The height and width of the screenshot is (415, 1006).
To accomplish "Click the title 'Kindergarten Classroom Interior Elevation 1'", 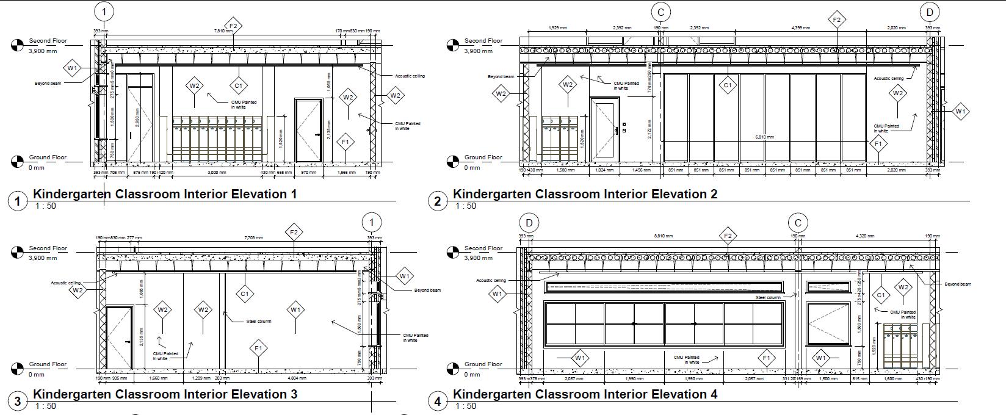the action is tap(165, 194).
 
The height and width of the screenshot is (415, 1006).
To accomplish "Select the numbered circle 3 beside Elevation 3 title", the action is tap(18, 401).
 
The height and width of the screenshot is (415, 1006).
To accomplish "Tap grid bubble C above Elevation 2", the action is tap(660, 12).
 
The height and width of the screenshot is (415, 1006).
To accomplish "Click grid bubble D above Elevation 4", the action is tap(529, 222).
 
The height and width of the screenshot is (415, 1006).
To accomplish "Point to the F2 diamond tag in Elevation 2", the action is tap(837, 20).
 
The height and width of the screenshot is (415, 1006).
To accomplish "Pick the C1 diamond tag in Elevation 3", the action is tap(244, 294).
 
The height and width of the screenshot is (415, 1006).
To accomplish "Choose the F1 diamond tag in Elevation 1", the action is tap(346, 142).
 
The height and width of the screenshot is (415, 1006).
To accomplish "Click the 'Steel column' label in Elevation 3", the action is tap(259, 321).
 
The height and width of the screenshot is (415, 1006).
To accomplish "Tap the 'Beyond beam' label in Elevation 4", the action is tap(957, 284).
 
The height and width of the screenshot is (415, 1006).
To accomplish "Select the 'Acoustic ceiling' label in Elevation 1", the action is tap(410, 76).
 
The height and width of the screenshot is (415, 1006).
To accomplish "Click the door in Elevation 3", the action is tap(119, 337).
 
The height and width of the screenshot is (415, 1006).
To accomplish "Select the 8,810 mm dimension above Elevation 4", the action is tap(663, 236).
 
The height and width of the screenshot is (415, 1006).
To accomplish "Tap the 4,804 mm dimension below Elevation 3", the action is tap(297, 378).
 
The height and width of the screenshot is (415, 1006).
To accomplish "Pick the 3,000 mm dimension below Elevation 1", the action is tap(217, 173).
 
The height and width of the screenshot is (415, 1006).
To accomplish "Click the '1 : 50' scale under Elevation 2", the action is tap(465, 206).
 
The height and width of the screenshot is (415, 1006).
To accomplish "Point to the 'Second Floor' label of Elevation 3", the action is tap(48, 248).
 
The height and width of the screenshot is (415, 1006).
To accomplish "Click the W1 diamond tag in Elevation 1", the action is tap(72, 68).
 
